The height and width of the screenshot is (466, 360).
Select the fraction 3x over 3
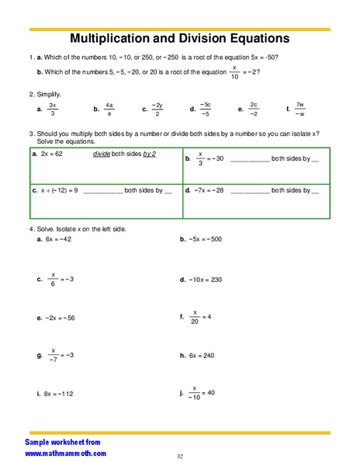(x=53, y=110)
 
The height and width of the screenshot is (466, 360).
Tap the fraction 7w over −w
(x=302, y=110)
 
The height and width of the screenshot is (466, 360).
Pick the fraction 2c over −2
(x=254, y=110)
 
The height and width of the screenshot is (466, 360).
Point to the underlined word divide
(x=102, y=155)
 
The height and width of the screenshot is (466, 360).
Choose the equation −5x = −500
(x=205, y=239)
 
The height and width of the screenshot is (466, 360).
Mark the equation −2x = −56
(x=60, y=318)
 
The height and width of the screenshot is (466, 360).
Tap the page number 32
(x=180, y=456)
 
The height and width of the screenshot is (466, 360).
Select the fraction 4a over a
(x=109, y=110)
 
